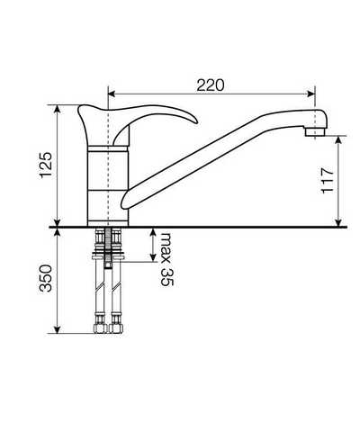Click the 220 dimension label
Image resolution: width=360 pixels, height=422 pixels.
211,85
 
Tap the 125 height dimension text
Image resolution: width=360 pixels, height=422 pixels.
47,166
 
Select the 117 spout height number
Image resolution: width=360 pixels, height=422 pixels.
328,180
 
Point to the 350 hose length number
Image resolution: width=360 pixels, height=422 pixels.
47,278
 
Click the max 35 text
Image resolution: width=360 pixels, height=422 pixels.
166,259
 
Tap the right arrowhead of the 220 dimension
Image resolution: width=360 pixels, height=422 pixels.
310,94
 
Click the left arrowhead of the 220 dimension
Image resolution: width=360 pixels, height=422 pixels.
112,94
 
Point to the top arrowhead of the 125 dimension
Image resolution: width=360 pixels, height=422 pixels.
58,109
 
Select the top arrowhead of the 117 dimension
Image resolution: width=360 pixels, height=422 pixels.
338,140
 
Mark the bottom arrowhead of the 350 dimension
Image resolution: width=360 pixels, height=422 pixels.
58,328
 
